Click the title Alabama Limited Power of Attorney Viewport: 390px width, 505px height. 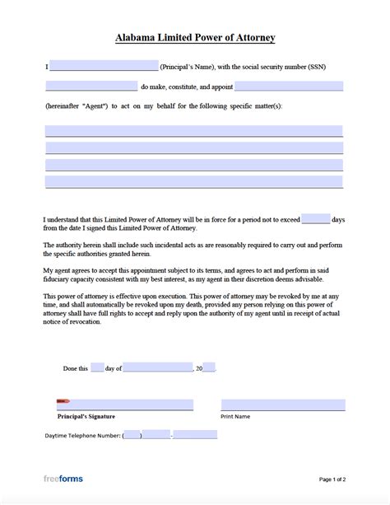point(195,38)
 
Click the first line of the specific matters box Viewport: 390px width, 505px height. point(194,131)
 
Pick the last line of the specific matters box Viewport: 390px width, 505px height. point(194,181)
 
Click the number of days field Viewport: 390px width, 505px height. point(316,219)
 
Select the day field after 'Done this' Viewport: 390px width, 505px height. point(97,368)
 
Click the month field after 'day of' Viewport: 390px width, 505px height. point(158,368)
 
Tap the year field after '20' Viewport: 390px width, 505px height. point(209,368)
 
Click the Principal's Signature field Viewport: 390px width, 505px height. point(125,404)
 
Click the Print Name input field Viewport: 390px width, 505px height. point(282,404)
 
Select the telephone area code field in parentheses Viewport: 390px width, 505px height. point(132,435)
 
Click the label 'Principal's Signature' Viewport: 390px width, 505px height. point(86,417)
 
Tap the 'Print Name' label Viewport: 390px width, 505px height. point(235,417)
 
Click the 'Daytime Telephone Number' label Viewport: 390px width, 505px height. point(82,435)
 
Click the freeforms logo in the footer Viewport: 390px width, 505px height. point(63,479)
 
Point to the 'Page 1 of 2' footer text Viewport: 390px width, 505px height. point(332,479)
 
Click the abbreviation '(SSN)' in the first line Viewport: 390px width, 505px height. point(332,66)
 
